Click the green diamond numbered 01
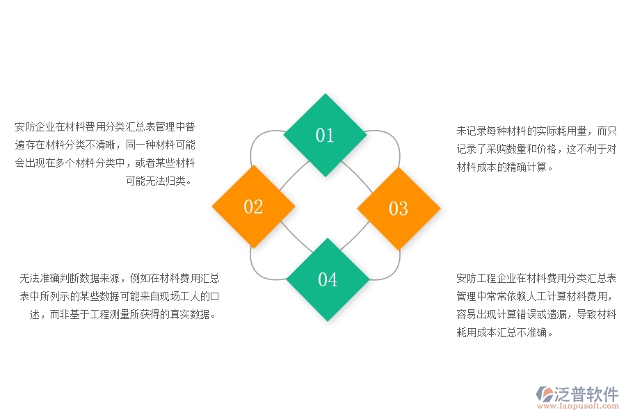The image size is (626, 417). [x=325, y=135]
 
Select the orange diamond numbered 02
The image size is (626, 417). [x=253, y=206]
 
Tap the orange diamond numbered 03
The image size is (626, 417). [x=399, y=208]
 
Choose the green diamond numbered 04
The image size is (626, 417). [x=328, y=279]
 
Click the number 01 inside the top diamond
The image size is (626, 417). [x=325, y=135]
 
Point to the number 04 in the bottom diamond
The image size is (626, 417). [x=328, y=279]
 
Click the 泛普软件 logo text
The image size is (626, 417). [x=586, y=394]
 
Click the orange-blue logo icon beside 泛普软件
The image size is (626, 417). [x=543, y=395]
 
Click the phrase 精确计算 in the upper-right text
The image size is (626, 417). [x=527, y=167]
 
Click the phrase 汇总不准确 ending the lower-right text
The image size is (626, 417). [x=521, y=332]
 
